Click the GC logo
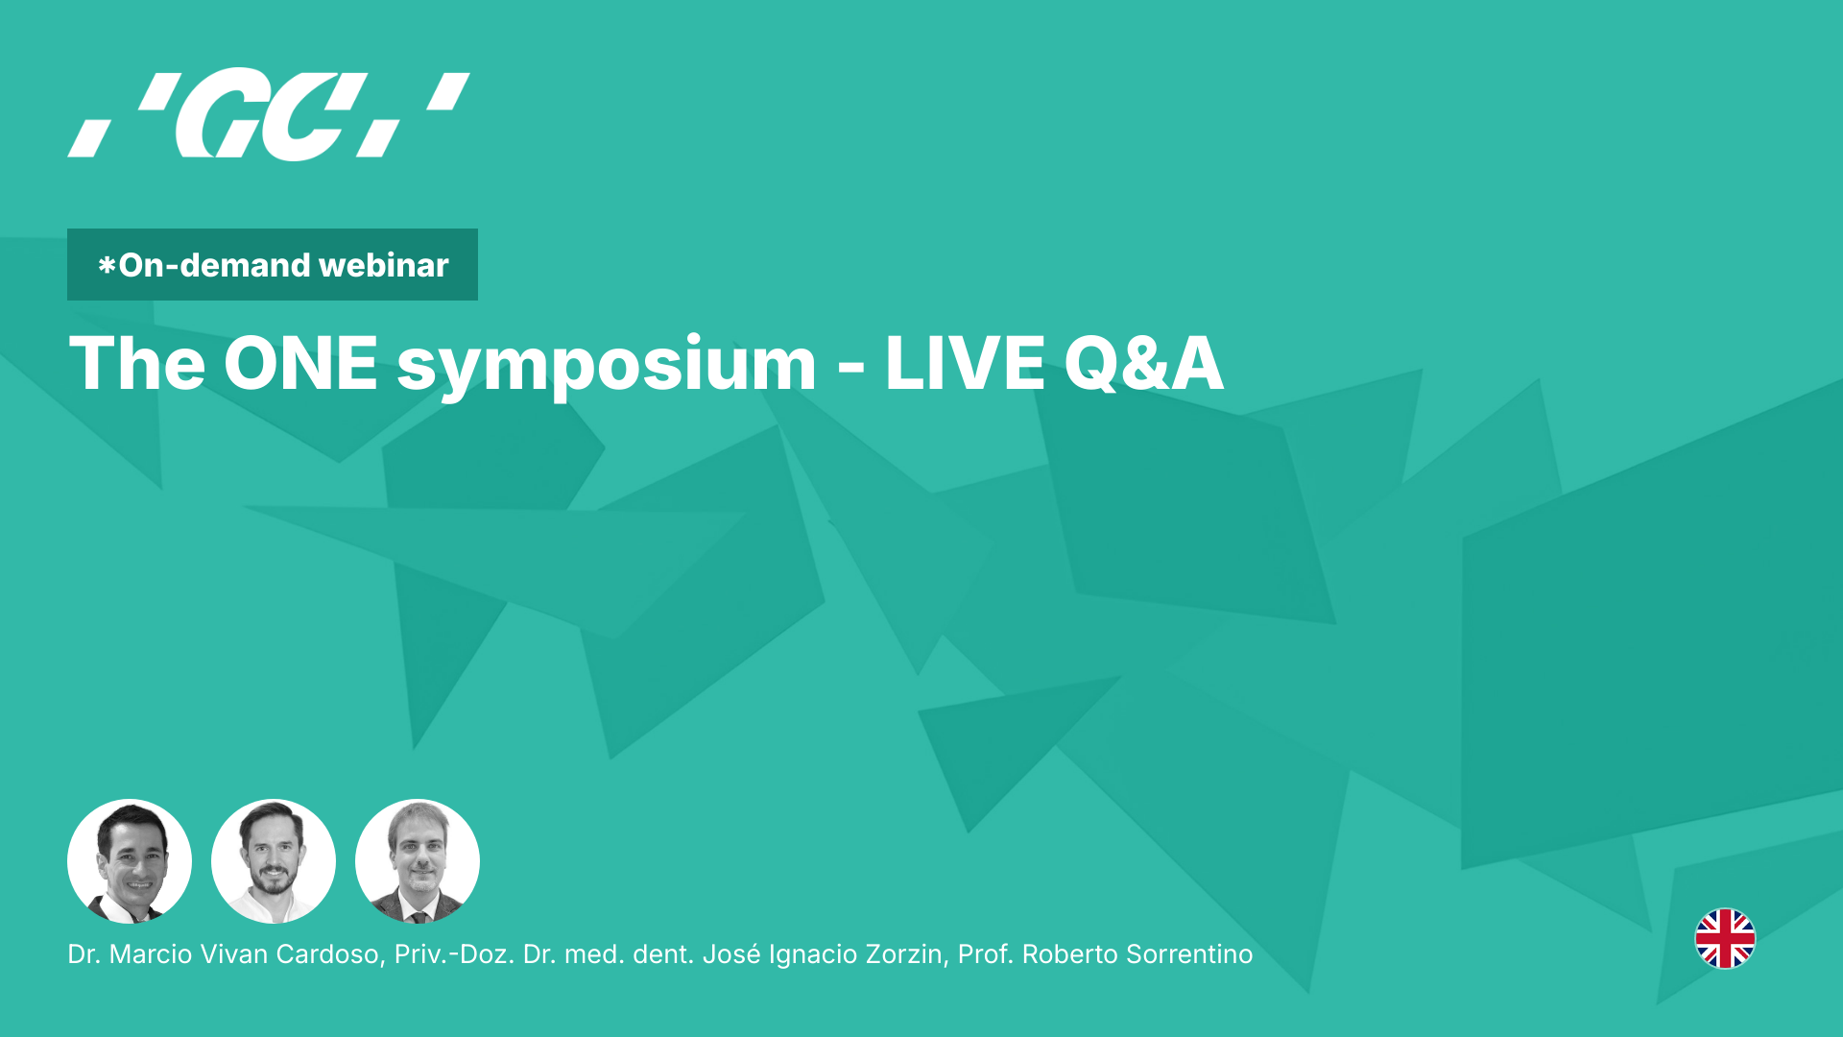click(269, 113)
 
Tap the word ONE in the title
click(300, 364)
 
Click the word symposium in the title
click(606, 366)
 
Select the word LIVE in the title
click(965, 364)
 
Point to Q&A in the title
click(1143, 364)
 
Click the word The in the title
click(137, 364)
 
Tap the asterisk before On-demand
click(107, 265)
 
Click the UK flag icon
click(1725, 938)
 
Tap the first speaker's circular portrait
click(130, 861)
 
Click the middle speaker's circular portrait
click(274, 861)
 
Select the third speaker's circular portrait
click(418, 861)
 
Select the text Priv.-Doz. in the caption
click(454, 954)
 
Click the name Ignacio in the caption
click(806, 954)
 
